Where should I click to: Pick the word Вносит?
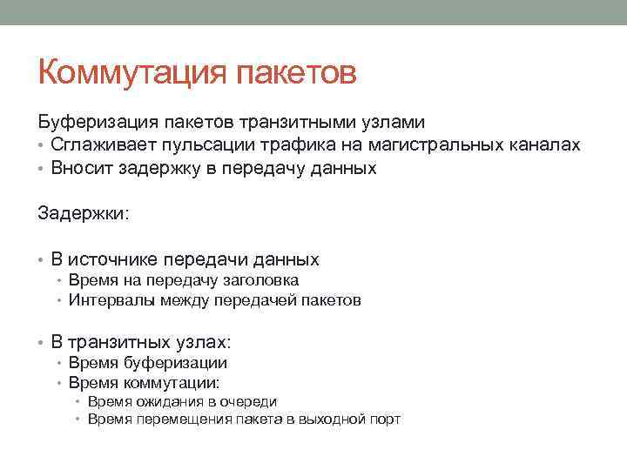click(78, 168)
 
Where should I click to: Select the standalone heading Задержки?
click(83, 213)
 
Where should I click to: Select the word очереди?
click(249, 401)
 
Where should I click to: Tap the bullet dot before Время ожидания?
click(78, 402)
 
